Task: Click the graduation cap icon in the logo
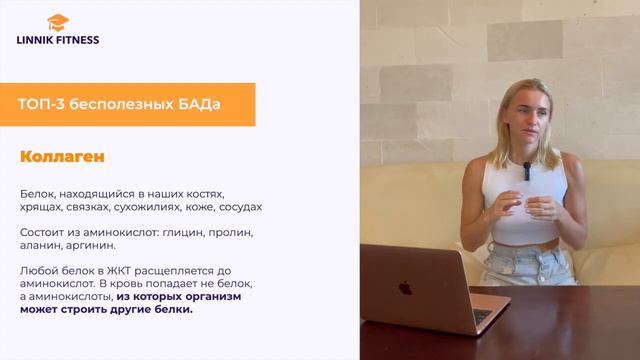pyautogui.click(x=57, y=22)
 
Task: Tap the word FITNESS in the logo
pyautogui.click(x=80, y=40)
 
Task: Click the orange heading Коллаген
pyautogui.click(x=62, y=157)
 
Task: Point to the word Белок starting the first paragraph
pyautogui.click(x=36, y=193)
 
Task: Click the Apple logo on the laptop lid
pyautogui.click(x=405, y=288)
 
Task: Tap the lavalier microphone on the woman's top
pyautogui.click(x=526, y=171)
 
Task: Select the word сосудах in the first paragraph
pyautogui.click(x=239, y=207)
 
